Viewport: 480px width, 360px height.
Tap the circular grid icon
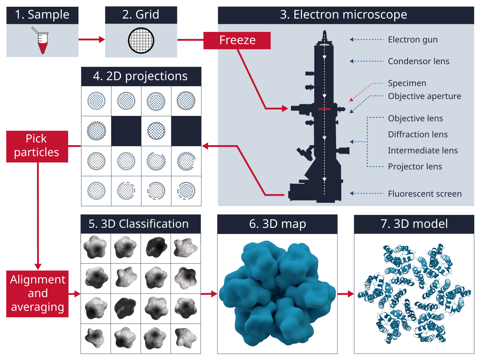[141, 40]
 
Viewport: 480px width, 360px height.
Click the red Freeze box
[237, 40]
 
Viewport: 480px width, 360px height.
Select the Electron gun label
[412, 40]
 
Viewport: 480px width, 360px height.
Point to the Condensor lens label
[418, 61]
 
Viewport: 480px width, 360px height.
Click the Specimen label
[407, 83]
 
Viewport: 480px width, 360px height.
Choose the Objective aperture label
[424, 96]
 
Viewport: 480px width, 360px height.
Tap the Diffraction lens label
[418, 134]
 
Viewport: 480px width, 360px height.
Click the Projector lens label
[415, 166]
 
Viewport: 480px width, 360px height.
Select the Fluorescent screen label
[424, 194]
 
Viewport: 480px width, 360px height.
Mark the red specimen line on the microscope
[324, 109]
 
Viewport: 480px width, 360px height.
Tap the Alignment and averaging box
[37, 294]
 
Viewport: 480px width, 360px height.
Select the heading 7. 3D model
[414, 224]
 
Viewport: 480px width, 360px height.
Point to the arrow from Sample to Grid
[91, 40]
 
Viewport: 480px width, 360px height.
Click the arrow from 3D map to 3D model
[345, 294]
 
